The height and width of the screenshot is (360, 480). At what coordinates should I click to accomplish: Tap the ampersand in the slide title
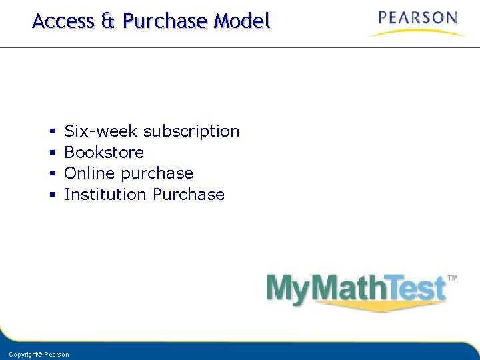tap(108, 21)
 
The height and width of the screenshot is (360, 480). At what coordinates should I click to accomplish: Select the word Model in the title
tap(242, 21)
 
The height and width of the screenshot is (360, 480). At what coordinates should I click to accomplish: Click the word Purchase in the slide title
tap(165, 21)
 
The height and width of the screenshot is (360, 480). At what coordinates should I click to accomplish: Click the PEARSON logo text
tap(417, 18)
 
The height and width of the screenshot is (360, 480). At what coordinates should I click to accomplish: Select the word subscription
tap(191, 132)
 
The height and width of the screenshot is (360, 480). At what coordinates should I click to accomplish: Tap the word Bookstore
tap(104, 153)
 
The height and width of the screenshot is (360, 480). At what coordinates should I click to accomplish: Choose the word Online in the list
tap(90, 173)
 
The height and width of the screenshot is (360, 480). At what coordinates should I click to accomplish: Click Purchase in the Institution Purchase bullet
tap(189, 195)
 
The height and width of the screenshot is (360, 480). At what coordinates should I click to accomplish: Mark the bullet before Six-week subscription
tap(52, 132)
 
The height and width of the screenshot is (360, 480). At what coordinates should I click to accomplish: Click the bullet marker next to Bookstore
tap(52, 153)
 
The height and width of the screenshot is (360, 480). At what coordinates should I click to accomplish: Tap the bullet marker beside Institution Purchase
tap(52, 195)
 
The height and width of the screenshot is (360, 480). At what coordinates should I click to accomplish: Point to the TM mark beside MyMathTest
tap(452, 278)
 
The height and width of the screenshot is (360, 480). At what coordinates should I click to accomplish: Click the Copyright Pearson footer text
tap(39, 355)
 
